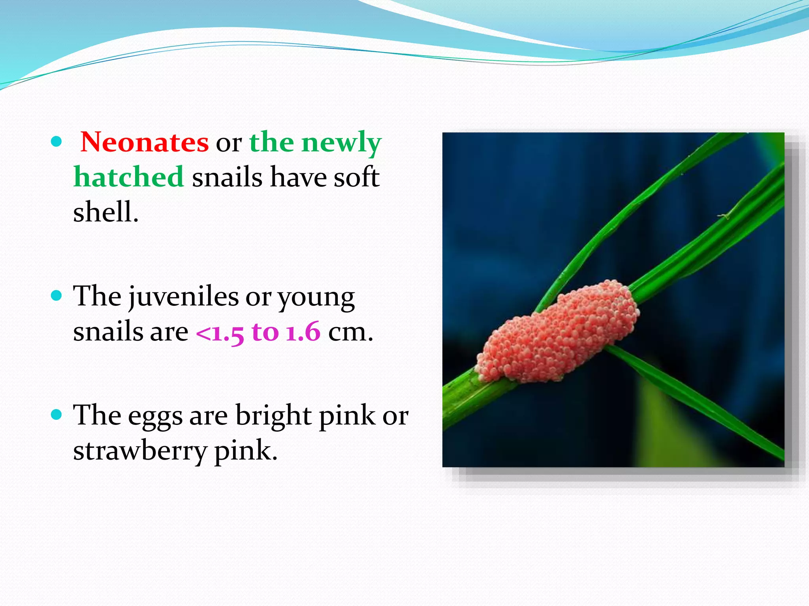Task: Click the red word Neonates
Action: tap(144, 142)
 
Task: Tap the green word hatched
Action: tap(129, 177)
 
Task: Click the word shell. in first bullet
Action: tap(105, 212)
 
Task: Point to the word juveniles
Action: tap(183, 297)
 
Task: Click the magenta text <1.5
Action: tap(220, 332)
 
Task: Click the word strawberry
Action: tap(140, 451)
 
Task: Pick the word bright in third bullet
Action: tap(273, 416)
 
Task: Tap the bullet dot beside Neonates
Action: tap(57, 142)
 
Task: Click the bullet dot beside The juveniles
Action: tap(57, 296)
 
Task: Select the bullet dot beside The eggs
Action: tap(57, 414)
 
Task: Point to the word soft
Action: tap(356, 177)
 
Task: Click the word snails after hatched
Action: tap(227, 177)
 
